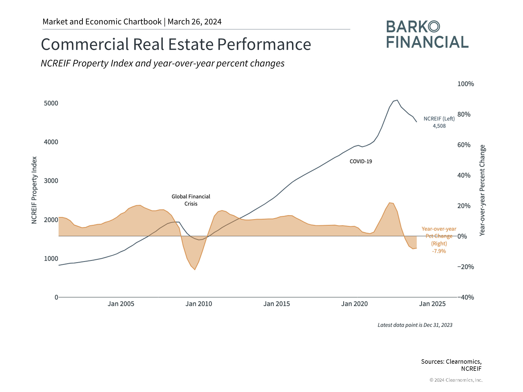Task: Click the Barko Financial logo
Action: click(427, 35)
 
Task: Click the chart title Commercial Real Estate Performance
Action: click(176, 44)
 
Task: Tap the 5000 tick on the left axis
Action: click(51, 103)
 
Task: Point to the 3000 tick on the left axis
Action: click(51, 181)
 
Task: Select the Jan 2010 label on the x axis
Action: click(199, 304)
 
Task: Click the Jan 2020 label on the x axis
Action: click(354, 304)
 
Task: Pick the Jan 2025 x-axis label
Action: click(432, 304)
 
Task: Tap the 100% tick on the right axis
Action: click(466, 84)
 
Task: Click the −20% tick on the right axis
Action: click(466, 267)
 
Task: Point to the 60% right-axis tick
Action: click(464, 145)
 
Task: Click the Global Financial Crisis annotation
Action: click(191, 200)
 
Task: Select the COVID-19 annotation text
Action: click(361, 161)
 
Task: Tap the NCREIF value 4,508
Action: click(439, 126)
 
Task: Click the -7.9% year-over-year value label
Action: click(439, 251)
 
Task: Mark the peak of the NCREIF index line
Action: click(397, 100)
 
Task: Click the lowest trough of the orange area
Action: click(195, 269)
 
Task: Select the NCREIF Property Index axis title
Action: click(34, 190)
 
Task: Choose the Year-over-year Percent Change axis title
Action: click(482, 190)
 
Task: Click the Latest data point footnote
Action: click(415, 325)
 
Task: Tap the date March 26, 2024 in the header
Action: click(194, 22)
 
